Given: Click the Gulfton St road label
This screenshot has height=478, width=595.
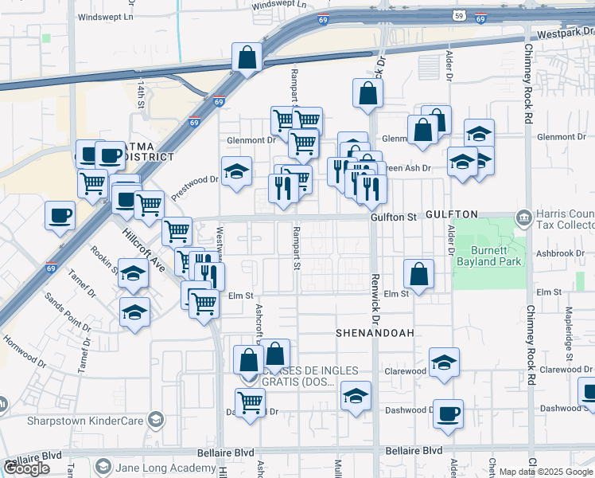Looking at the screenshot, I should (394, 217).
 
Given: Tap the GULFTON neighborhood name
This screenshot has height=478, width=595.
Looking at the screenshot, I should (451, 215).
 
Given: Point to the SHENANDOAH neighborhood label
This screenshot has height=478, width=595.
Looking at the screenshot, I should (375, 333).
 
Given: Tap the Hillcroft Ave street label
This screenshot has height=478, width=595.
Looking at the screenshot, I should (144, 253).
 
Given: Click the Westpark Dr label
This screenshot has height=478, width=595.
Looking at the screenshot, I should (566, 34).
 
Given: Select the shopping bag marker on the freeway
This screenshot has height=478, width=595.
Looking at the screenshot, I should (247, 57).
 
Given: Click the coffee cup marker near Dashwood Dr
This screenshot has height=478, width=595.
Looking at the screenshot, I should (448, 413).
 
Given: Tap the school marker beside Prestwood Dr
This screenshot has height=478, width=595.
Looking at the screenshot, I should (236, 171).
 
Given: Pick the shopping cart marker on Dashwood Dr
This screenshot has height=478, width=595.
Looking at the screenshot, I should (251, 403).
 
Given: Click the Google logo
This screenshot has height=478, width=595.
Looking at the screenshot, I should (27, 468).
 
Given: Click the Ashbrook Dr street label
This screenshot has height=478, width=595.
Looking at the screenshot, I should (560, 253).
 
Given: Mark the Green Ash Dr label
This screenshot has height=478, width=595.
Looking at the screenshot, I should (406, 168).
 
